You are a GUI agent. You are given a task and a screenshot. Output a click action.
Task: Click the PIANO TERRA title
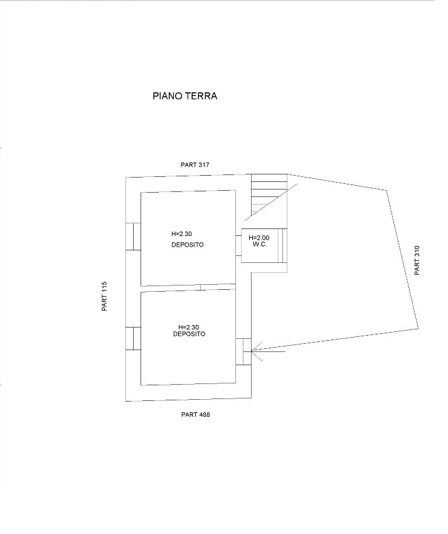pyautogui.click(x=185, y=96)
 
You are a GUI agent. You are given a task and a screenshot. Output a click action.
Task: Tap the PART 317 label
pyautogui.click(x=195, y=165)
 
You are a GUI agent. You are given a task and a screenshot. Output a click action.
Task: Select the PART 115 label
pyautogui.click(x=104, y=296)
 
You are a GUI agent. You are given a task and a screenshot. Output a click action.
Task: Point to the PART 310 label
pyautogui.click(x=417, y=260)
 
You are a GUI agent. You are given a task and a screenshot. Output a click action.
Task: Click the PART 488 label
pyautogui.click(x=195, y=415)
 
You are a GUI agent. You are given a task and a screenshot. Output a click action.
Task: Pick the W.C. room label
pyautogui.click(x=260, y=245)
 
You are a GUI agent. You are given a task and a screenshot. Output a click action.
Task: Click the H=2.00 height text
pyautogui.click(x=259, y=238)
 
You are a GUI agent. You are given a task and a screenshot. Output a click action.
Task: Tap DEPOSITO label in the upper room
pyautogui.click(x=188, y=245)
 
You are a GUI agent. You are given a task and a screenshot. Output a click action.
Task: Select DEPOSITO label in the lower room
pyautogui.click(x=189, y=334)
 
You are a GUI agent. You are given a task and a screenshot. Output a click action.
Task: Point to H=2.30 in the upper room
pyautogui.click(x=181, y=233)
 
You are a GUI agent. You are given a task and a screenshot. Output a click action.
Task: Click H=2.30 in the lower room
pyautogui.click(x=189, y=328)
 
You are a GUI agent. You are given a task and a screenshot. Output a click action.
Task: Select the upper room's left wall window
pyautogui.click(x=133, y=237)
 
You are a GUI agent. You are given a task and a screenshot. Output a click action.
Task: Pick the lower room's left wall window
pyautogui.click(x=133, y=338)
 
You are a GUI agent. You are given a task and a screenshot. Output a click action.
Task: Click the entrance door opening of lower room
pyautogui.click(x=243, y=351)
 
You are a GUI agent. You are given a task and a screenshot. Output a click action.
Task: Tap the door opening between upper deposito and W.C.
pyautogui.click(x=238, y=245)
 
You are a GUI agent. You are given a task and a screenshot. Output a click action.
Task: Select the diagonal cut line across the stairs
pyautogui.click(x=271, y=200)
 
